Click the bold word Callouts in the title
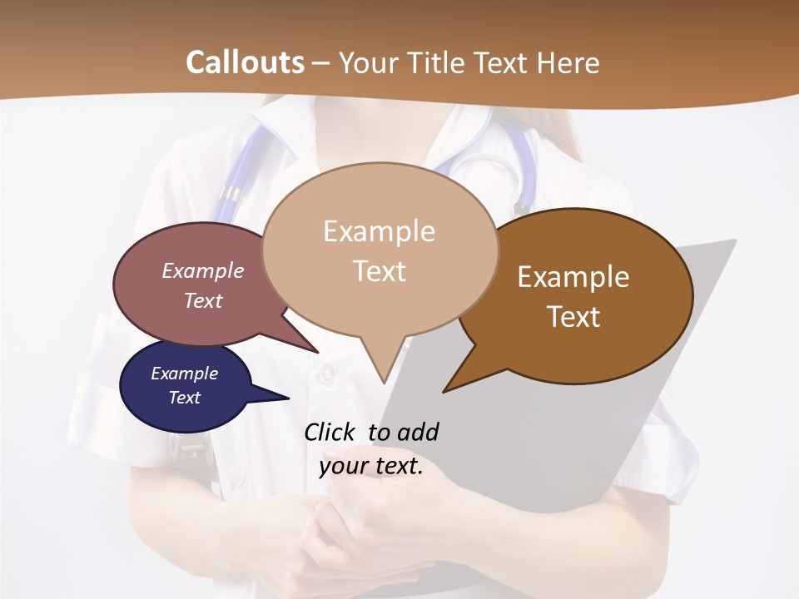(x=245, y=62)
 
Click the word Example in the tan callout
(x=379, y=231)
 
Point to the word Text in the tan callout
(x=379, y=271)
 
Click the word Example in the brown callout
(x=573, y=277)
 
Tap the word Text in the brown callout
(x=573, y=317)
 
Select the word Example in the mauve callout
(x=202, y=271)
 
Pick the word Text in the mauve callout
(x=202, y=300)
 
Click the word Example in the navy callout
(x=184, y=374)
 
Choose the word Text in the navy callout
(x=184, y=398)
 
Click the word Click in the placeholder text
(x=331, y=432)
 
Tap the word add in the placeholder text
(x=418, y=432)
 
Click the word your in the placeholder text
(x=341, y=467)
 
